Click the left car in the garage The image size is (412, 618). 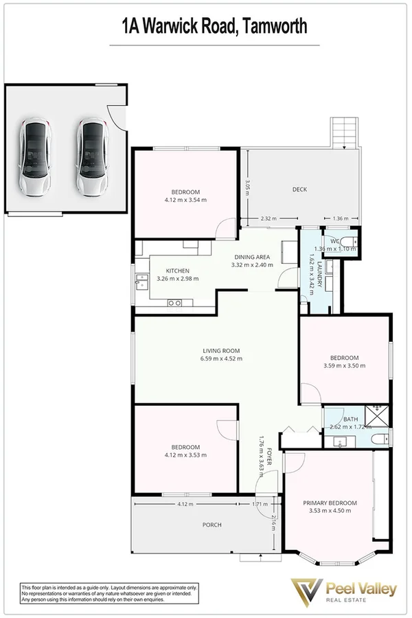pyautogui.click(x=35, y=158)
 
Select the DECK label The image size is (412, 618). pyautogui.click(x=299, y=190)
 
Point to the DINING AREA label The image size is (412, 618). pyautogui.click(x=252, y=257)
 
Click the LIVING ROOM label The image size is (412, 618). pyautogui.click(x=220, y=350)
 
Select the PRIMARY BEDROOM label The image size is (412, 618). pyautogui.click(x=330, y=503)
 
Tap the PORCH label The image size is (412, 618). pyautogui.click(x=211, y=525)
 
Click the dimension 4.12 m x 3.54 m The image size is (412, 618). pyautogui.click(x=185, y=200)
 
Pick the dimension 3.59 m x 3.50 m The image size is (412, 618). pyautogui.click(x=344, y=366)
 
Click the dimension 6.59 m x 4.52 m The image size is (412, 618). pyautogui.click(x=220, y=358)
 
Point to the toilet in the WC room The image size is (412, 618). pyautogui.click(x=350, y=240)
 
